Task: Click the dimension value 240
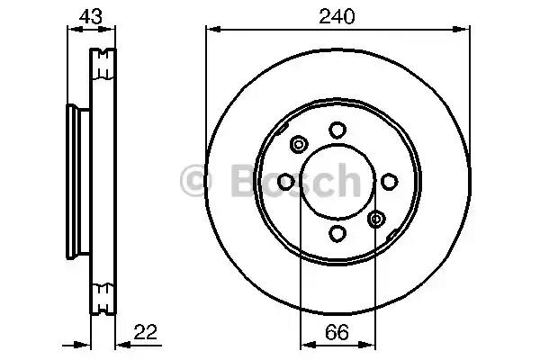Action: tap(337, 16)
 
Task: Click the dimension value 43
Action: tap(91, 16)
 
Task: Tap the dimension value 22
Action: tap(145, 332)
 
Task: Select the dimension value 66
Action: tap(337, 332)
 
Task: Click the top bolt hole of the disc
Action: tap(337, 130)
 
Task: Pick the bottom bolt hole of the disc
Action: tap(337, 233)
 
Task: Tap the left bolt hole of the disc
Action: tap(286, 182)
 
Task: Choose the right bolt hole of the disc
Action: tap(390, 182)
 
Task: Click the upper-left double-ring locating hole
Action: tap(299, 144)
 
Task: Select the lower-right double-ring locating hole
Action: tap(376, 219)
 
